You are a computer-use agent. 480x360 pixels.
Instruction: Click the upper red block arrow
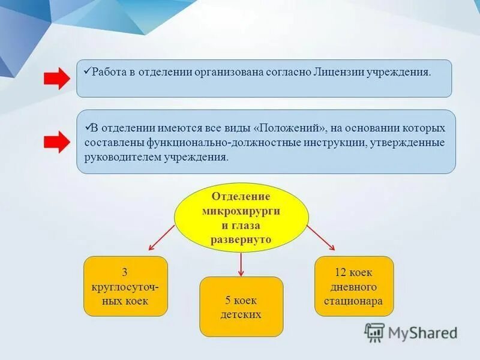pos(57,79)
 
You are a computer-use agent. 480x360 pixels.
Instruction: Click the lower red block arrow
pos(57,142)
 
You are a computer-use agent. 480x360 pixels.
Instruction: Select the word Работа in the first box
pos(107,71)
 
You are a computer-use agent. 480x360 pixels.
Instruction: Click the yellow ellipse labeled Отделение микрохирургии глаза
pos(241,217)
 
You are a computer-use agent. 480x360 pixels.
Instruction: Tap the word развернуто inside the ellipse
pos(241,239)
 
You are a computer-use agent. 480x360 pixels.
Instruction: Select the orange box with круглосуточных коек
pos(125,286)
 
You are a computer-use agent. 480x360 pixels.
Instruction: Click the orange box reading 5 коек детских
pos(241,306)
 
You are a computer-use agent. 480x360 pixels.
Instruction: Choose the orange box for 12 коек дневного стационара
pos(354,286)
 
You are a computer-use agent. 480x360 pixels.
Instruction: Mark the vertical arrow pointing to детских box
pos(241,264)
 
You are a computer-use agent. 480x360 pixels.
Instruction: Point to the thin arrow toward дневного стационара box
pos(321,238)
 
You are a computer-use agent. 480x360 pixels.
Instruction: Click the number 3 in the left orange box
pos(125,271)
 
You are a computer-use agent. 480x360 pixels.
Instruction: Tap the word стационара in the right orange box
pos(354,301)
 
